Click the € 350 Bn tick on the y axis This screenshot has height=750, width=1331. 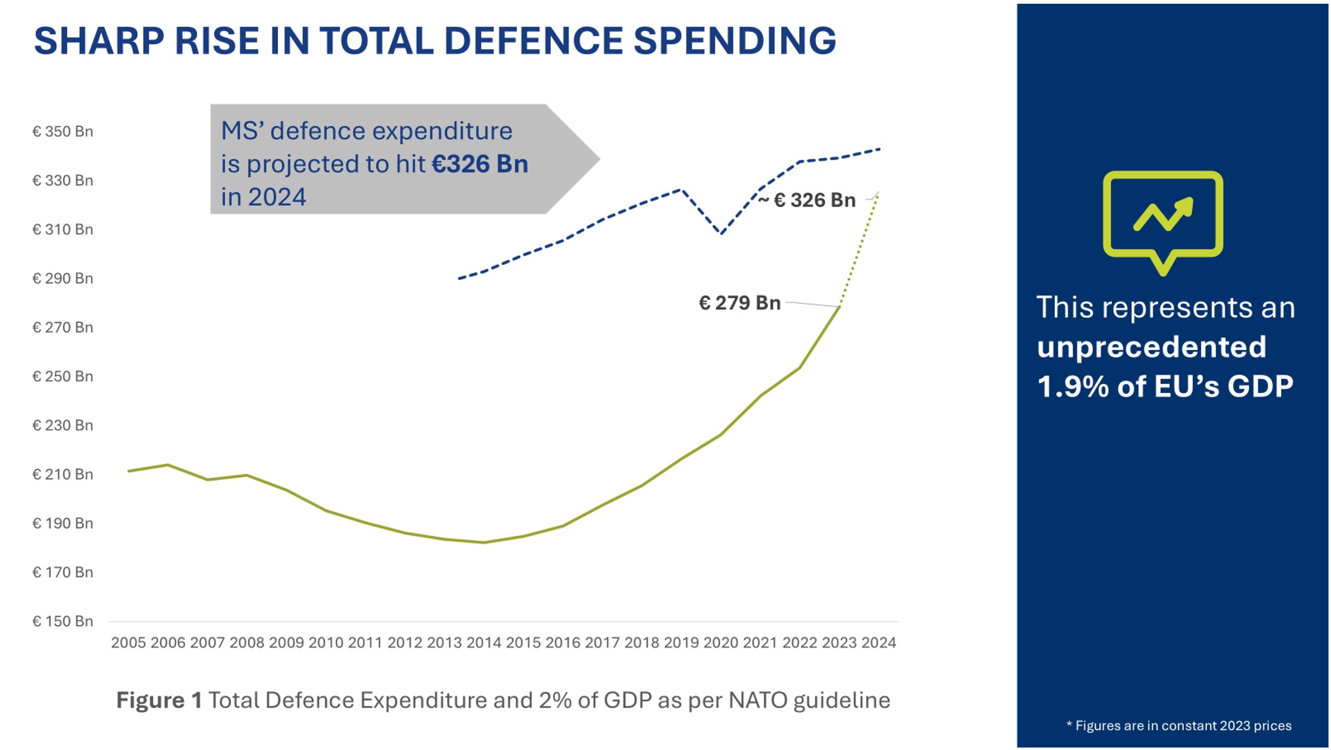62,131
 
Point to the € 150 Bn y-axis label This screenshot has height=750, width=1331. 62,621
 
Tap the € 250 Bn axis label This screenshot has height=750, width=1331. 62,376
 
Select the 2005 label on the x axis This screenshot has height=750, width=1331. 128,642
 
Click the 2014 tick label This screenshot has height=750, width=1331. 483,642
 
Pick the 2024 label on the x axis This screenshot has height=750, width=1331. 878,642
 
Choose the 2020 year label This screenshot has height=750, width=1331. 720,642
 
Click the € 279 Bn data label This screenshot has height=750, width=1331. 740,303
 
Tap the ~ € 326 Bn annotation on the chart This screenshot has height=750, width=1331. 807,200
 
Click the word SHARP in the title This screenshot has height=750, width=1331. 99,41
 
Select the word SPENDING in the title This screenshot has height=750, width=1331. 735,41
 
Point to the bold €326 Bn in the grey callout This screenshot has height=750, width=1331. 480,164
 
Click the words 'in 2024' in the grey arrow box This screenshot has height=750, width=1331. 263,197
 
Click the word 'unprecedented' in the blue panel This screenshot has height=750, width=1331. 1151,347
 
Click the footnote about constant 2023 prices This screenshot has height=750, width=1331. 1179,726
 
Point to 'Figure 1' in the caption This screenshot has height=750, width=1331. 159,700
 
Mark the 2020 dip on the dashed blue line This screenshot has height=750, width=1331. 721,233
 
